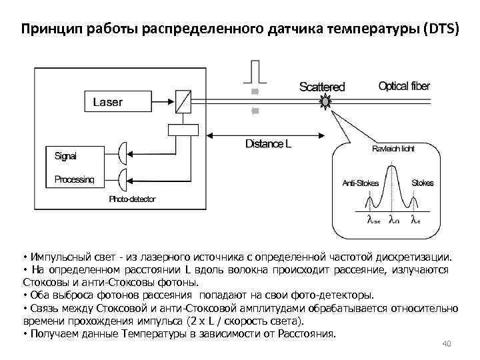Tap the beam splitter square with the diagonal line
coord(182,102)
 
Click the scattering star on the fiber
coord(325,101)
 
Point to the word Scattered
coord(322,87)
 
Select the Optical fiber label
coord(404,86)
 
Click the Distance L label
coord(268,144)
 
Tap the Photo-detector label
coord(132,199)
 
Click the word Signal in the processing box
coord(65,156)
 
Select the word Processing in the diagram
coord(74,179)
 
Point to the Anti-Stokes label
coord(360,183)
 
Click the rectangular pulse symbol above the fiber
coord(254,71)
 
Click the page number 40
coord(447,344)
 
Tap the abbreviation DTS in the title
coord(442,31)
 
